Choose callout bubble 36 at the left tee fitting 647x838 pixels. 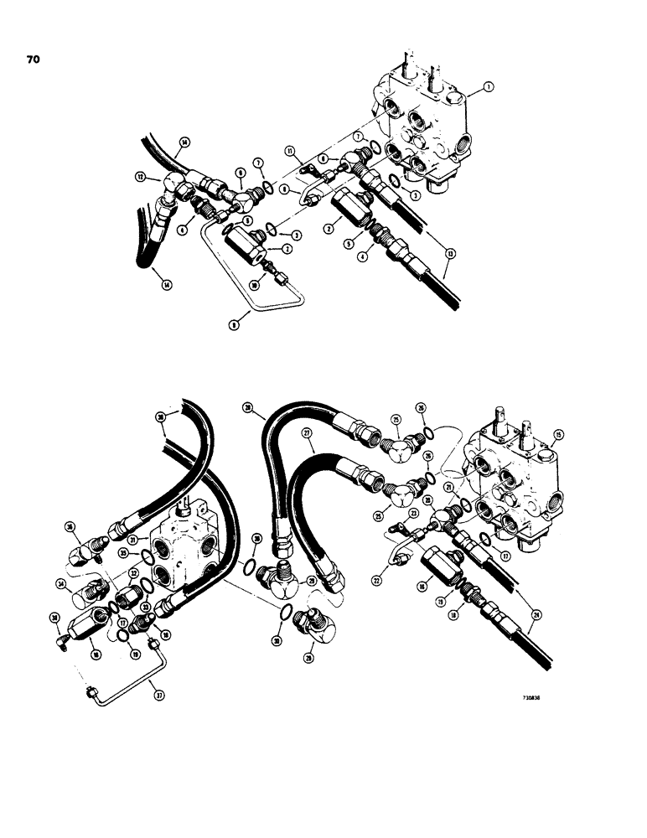pyautogui.click(x=69, y=527)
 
